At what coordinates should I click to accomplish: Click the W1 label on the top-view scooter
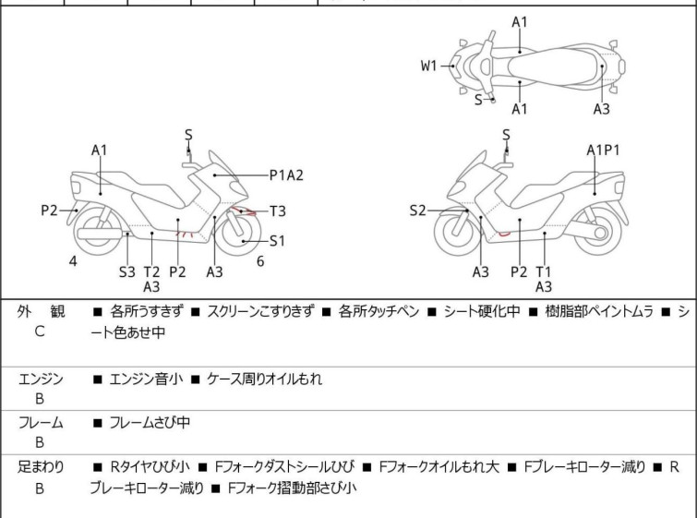point(428,66)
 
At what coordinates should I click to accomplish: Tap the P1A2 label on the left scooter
point(286,175)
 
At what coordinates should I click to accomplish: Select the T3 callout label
point(278,211)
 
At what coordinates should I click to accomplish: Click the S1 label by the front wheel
point(277,241)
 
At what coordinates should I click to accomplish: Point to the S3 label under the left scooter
point(127,272)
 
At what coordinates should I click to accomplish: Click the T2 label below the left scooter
point(151,272)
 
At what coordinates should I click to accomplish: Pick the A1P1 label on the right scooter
point(603,151)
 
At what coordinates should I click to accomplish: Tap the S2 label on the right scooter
point(418,211)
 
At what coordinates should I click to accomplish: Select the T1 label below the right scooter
point(543,272)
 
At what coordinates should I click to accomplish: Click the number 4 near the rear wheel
point(73,261)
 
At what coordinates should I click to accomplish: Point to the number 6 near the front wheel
point(260,261)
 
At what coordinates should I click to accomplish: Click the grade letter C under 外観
point(40,331)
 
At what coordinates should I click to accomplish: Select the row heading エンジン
point(41,379)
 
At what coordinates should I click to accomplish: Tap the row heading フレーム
point(41,422)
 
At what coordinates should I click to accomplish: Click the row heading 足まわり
point(41,467)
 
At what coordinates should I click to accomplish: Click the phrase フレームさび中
point(150,422)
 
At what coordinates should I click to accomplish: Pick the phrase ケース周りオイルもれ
point(264,379)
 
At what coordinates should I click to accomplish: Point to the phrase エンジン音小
point(146,379)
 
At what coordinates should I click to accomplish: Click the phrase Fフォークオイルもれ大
point(439,467)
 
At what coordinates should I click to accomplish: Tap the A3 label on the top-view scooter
point(601,109)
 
